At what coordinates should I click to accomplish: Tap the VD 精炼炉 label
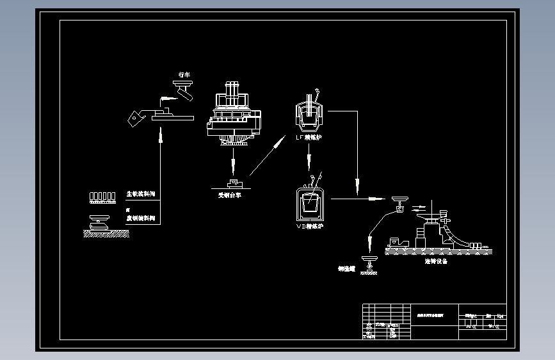pyautogui.click(x=309, y=225)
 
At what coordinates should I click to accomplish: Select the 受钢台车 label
pyautogui.click(x=230, y=195)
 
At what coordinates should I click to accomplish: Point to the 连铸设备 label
pyautogui.click(x=436, y=261)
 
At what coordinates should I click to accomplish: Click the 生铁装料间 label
pyautogui.click(x=140, y=193)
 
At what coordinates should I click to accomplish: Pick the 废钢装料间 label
pyautogui.click(x=140, y=218)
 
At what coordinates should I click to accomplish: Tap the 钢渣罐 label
pyautogui.click(x=346, y=268)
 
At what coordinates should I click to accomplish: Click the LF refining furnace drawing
pyautogui.click(x=309, y=115)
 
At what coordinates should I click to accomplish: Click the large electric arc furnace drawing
pyautogui.click(x=234, y=115)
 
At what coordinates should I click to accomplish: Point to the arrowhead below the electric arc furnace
pyautogui.click(x=234, y=168)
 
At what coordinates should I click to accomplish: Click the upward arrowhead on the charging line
pyautogui.click(x=160, y=135)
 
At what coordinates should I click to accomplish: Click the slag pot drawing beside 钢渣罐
pyautogui.click(x=369, y=262)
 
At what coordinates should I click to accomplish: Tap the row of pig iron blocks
pyautogui.click(x=102, y=195)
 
